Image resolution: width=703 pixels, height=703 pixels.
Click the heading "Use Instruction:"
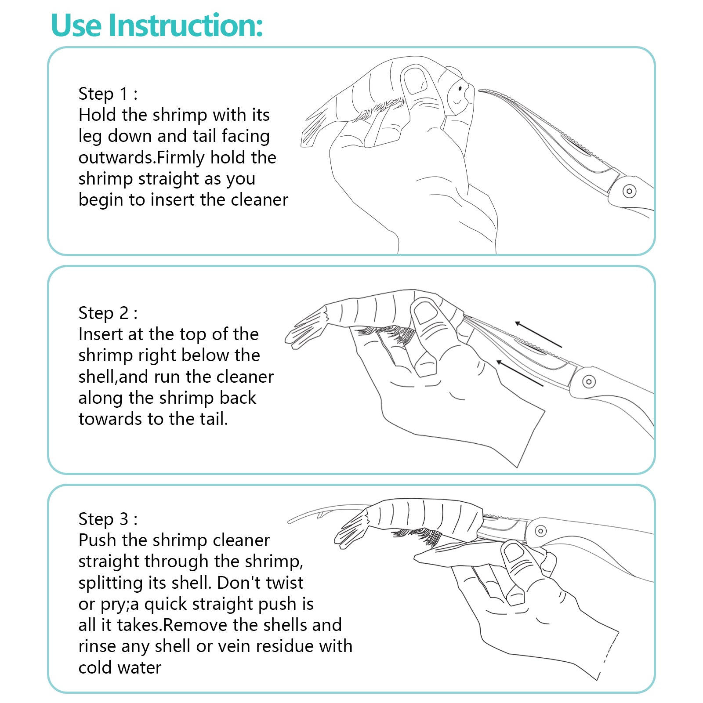(157, 25)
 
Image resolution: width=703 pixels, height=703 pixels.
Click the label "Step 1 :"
(108, 94)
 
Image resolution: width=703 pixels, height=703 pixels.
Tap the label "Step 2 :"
(108, 313)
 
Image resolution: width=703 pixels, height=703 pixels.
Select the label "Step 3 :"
(108, 519)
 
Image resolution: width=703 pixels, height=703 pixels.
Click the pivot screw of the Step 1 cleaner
(630, 191)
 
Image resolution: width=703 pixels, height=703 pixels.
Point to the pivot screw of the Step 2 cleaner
(589, 381)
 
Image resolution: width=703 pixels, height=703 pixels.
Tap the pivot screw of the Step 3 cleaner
(541, 531)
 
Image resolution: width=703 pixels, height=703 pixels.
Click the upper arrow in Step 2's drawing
(539, 334)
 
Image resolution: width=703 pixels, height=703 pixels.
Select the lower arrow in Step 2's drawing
(520, 373)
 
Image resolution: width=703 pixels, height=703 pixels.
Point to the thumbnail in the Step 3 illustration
(513, 552)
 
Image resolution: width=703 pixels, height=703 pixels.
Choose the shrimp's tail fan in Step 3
(351, 530)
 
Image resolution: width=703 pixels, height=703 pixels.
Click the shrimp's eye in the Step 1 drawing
(460, 89)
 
